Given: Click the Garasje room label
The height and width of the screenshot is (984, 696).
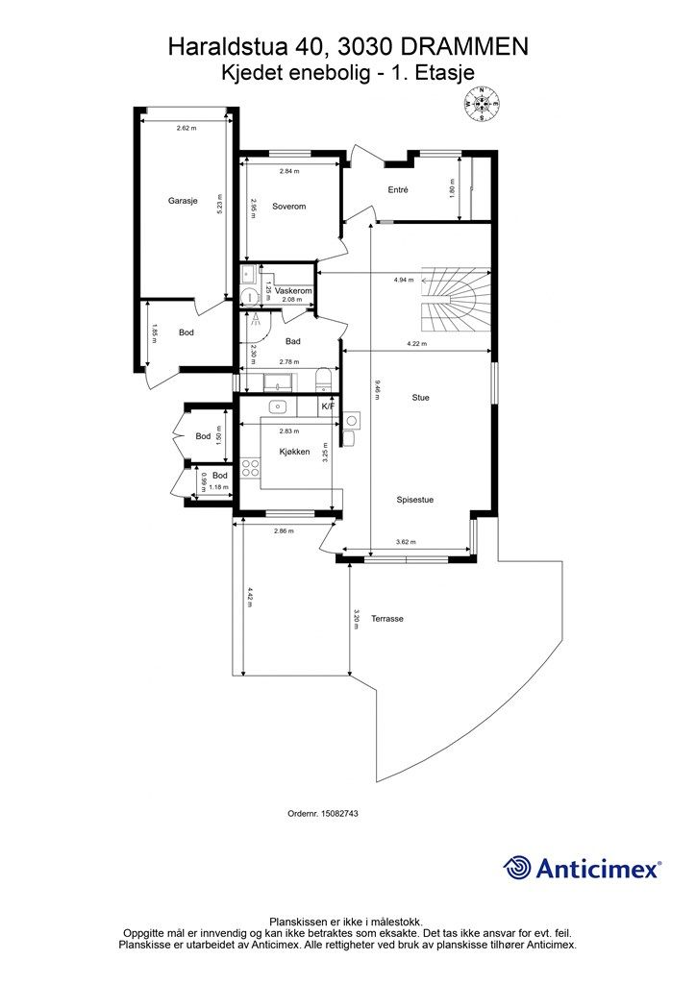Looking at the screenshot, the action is (183, 201).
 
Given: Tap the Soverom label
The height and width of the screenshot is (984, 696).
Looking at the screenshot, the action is (288, 206).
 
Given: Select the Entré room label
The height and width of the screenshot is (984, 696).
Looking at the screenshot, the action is (398, 189).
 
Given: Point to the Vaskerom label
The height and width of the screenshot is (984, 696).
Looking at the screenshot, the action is (293, 291).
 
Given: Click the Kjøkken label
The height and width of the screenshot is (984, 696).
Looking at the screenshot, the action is (294, 452).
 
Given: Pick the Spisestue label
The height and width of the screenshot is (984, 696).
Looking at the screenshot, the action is (415, 500).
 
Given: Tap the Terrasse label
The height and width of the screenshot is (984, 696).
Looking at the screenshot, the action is (386, 619).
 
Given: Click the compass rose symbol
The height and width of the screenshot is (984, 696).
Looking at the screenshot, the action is (482, 104).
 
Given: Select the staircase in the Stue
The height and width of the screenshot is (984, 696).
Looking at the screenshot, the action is (455, 300).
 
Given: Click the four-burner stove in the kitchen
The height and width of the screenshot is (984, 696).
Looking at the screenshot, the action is (250, 468).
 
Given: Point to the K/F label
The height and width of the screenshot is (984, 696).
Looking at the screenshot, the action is (328, 406).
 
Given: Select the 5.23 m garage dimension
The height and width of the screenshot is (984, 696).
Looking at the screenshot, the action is (219, 202).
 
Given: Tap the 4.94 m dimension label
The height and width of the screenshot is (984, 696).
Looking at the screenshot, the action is (404, 280).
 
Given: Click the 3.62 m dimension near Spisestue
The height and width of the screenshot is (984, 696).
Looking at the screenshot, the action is (406, 542).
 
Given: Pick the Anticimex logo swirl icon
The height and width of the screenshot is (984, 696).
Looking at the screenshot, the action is (517, 869).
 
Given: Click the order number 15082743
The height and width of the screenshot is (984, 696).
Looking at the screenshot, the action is (339, 813).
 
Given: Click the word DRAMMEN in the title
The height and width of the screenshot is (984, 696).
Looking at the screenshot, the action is (463, 47).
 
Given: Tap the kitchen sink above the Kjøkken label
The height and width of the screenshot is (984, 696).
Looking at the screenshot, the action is (277, 407).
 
